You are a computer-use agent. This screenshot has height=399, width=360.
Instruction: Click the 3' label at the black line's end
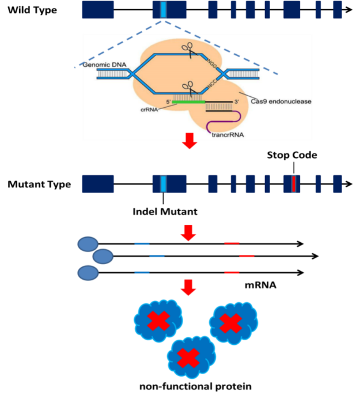pos(236,102)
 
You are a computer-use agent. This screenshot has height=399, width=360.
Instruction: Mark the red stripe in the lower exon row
pos(293,184)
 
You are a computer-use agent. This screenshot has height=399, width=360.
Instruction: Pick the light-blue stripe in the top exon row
pos(163,9)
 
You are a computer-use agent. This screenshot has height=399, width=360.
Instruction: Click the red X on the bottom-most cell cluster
pos(188,358)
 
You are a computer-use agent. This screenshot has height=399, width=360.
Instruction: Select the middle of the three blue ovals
pos(103,257)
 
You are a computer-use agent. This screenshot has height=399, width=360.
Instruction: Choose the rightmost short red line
pos(247,256)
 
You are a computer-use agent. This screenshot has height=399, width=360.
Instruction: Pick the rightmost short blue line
pos(157,256)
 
